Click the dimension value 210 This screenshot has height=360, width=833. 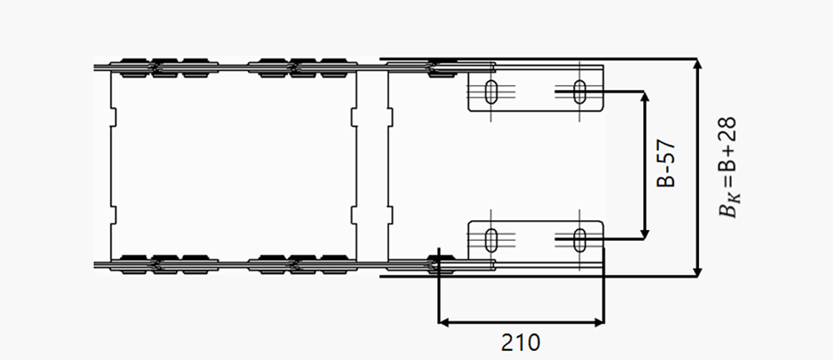point(520,343)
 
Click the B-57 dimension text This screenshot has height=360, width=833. point(666,164)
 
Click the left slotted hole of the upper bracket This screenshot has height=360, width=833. point(491,92)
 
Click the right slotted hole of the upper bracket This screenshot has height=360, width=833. point(580,92)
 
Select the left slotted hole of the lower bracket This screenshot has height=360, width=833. point(491,239)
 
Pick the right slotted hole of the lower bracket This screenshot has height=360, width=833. point(580,239)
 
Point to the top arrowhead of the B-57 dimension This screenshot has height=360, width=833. point(645,96)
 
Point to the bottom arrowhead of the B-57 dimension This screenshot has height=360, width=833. point(645,234)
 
